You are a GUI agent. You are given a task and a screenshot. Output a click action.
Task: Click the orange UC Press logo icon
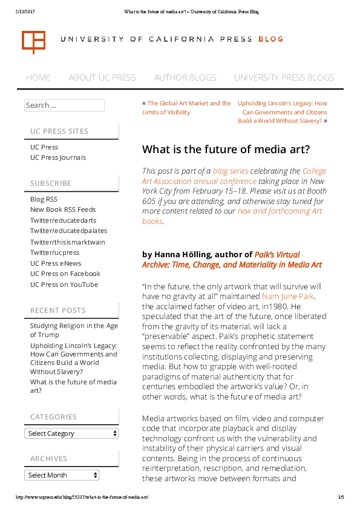33,41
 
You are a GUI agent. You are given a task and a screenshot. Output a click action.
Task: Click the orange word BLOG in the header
270,39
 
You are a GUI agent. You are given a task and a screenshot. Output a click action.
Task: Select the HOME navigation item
38,77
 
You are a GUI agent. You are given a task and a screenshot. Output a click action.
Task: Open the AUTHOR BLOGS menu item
185,77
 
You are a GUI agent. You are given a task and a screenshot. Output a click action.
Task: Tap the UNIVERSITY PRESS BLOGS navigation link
284,77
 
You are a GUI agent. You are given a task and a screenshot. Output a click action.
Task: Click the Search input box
64,105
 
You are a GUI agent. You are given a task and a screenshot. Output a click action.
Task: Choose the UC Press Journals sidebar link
58,157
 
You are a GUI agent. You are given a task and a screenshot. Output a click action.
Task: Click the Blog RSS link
44,199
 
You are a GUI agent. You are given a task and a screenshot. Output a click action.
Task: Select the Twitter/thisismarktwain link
68,242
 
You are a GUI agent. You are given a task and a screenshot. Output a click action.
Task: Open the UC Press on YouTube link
64,284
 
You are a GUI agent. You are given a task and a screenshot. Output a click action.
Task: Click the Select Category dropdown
71,433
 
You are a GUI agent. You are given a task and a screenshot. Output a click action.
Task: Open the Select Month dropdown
71,475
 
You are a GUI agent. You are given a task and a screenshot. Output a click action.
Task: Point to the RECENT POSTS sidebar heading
58,310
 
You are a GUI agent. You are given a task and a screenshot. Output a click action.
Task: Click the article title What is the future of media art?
226,149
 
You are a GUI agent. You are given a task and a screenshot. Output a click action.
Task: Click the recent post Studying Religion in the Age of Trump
74,330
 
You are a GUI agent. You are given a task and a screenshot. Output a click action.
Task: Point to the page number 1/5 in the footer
341,497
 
